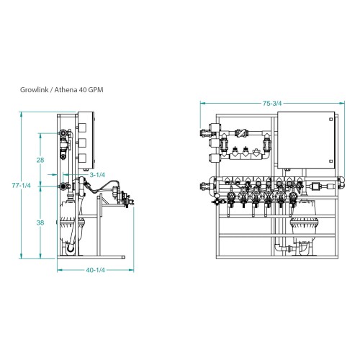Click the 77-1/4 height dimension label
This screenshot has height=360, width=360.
click(22, 185)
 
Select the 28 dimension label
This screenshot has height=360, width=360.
click(40, 160)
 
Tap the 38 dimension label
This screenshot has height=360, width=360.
click(40, 222)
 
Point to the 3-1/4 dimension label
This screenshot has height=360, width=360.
click(97, 175)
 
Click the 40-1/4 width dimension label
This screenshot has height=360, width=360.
click(96, 270)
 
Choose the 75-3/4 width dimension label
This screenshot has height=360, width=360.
click(272, 103)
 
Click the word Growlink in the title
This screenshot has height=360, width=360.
click(34, 90)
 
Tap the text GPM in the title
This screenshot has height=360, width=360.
click(96, 90)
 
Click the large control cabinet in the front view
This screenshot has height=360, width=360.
click(306, 140)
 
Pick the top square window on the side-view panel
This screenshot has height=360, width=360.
click(82, 127)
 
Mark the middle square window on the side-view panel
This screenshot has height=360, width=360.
click(82, 143)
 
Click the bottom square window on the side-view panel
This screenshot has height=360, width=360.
click(82, 158)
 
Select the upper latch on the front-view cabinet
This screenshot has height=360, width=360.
click(331, 119)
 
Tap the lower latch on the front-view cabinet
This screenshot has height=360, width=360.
click(331, 161)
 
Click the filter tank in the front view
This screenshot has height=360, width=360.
click(303, 227)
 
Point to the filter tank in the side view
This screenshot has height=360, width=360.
click(71, 223)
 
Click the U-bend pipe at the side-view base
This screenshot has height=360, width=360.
click(71, 248)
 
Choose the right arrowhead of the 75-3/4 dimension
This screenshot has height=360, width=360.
click(342, 103)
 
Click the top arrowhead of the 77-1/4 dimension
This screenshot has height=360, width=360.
click(22, 114)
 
